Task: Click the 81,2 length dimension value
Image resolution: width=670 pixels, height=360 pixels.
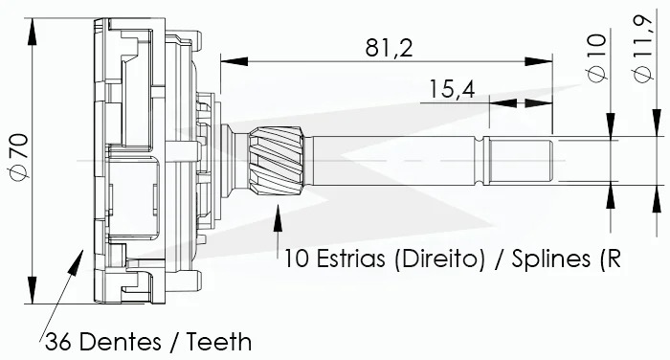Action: click(x=390, y=48)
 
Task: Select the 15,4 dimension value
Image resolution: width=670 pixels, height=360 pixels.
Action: click(x=452, y=89)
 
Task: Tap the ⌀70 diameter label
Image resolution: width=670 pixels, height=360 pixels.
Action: click(x=19, y=156)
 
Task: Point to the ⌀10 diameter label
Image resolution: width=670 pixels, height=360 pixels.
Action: click(x=597, y=57)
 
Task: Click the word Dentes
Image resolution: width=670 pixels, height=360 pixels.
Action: click(x=121, y=342)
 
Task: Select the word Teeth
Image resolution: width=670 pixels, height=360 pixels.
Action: click(x=219, y=342)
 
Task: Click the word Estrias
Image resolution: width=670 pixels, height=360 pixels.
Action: click(x=351, y=259)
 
